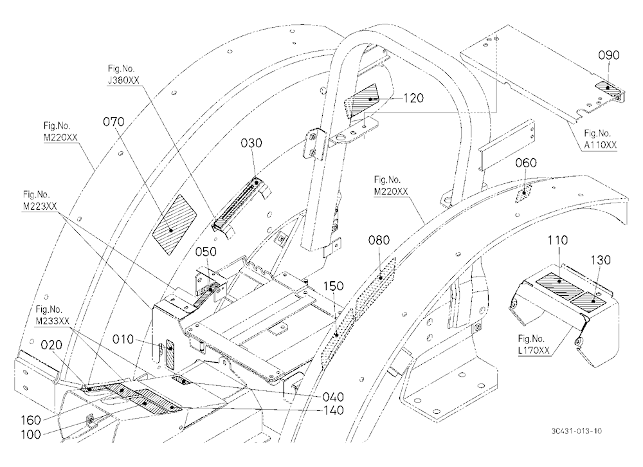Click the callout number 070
(114, 122)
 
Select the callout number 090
(608, 55)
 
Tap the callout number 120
(413, 98)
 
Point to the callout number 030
(251, 143)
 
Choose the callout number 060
(526, 163)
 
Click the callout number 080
(379, 240)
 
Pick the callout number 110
(557, 240)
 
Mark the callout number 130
(601, 260)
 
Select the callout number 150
(333, 286)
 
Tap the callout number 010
(123, 340)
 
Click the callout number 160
(31, 420)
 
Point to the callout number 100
(31, 434)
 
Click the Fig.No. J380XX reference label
(123, 75)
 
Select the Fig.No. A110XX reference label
(600, 139)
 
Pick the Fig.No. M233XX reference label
(52, 315)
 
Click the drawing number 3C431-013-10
(577, 431)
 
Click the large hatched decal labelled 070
(175, 224)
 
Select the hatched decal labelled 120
(361, 101)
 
